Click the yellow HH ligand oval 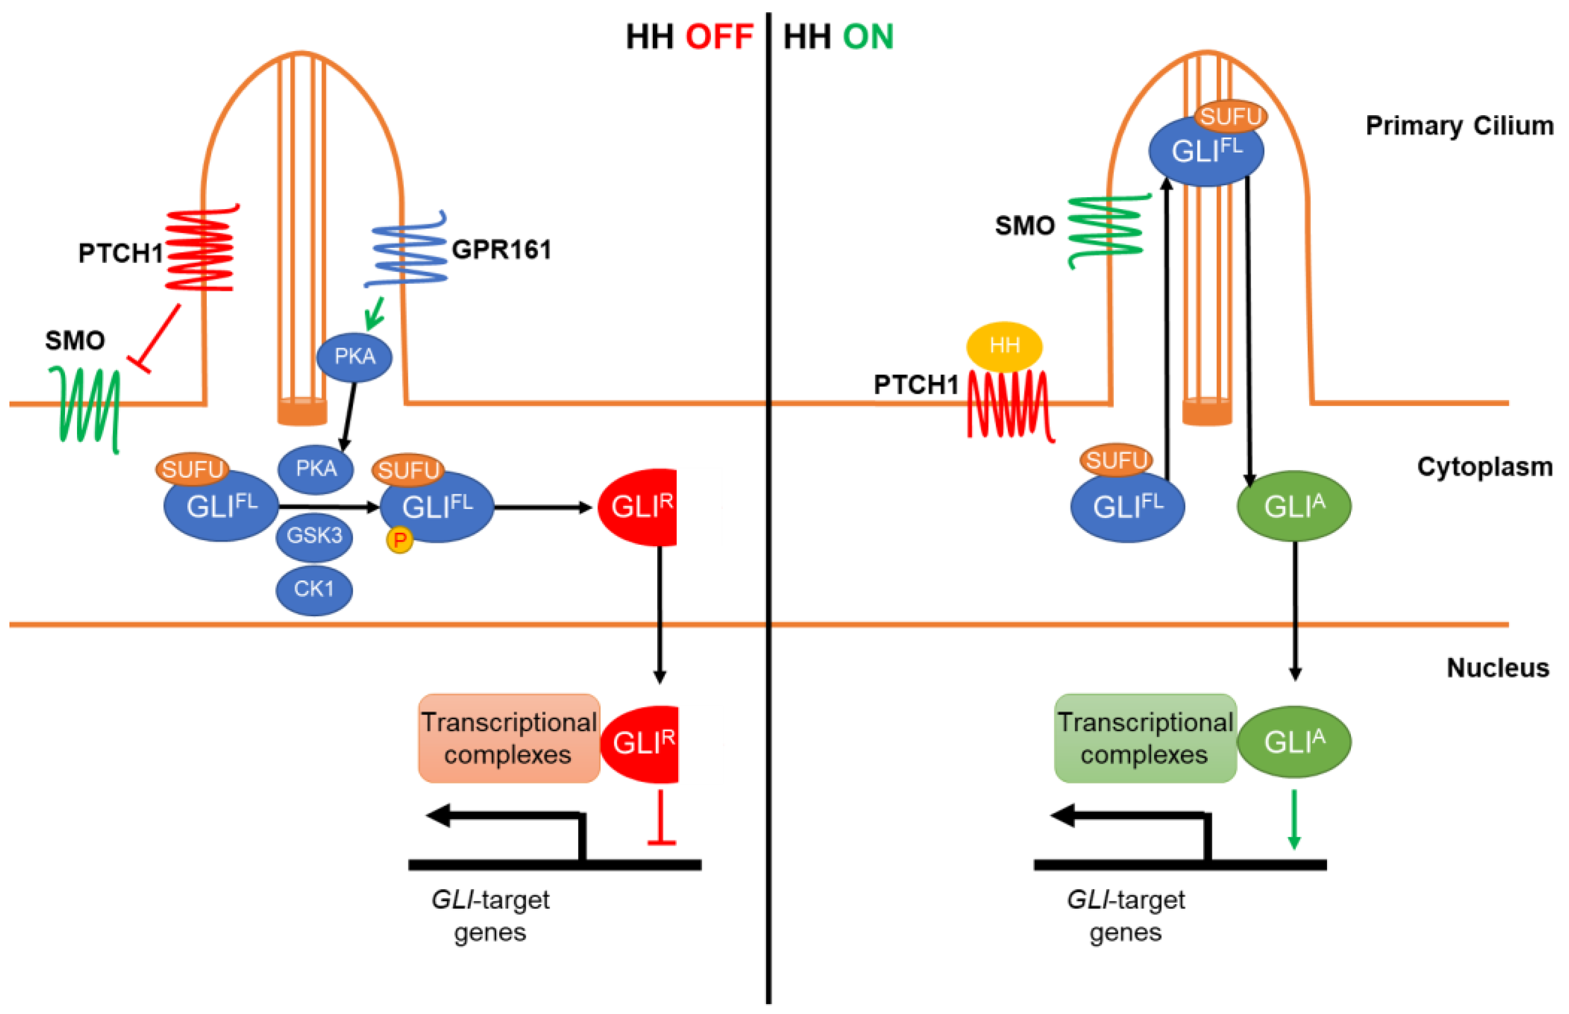(x=1003, y=346)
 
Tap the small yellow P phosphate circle (x=399, y=540)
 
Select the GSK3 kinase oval (x=314, y=536)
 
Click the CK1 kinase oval (x=314, y=588)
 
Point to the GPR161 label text (x=501, y=250)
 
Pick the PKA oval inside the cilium (x=354, y=357)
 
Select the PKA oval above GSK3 (x=315, y=469)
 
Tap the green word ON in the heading (x=868, y=37)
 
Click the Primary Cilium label (x=1459, y=126)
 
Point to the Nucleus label (x=1497, y=668)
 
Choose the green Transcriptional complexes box (x=1145, y=738)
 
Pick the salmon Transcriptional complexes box (x=508, y=738)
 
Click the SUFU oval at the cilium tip (x=1230, y=117)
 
